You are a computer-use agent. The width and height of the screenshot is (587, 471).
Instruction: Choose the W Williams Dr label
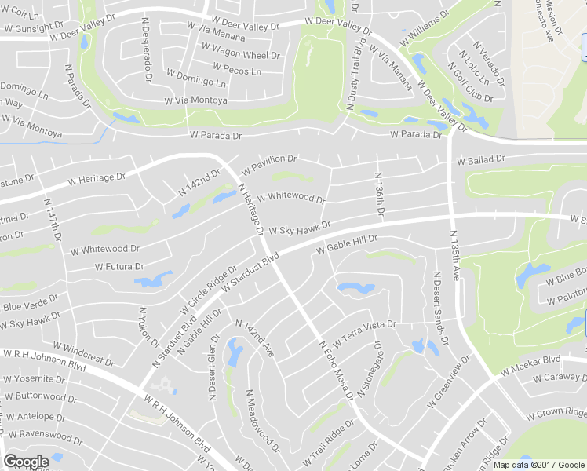coord(425,25)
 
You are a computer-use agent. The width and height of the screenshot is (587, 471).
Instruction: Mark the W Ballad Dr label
coord(481,160)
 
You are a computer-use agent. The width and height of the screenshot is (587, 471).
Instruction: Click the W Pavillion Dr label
coord(269,163)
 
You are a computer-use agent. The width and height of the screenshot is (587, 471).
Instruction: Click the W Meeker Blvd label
coord(532,360)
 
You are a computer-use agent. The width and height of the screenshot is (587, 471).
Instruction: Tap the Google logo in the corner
coord(26,461)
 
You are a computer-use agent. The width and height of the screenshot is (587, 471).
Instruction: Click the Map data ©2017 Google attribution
coord(539,465)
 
